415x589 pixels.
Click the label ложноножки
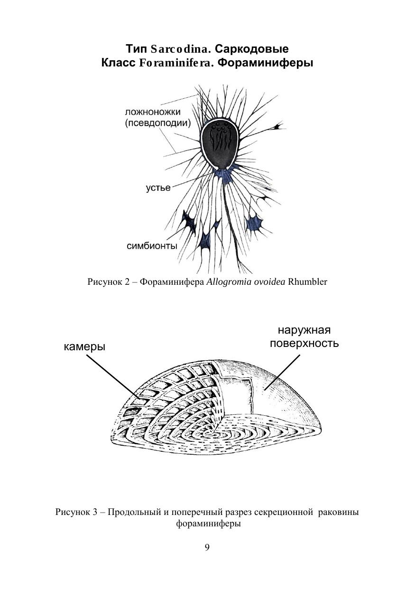(153, 112)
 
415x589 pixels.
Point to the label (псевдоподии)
(157, 123)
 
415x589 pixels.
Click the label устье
(158, 188)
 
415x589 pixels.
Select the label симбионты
(152, 246)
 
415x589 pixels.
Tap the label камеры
(84, 347)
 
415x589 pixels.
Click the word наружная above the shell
(304, 330)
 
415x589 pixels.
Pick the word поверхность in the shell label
(304, 343)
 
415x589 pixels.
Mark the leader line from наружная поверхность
(282, 372)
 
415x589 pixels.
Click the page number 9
(207, 547)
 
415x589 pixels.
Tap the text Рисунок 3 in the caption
(75, 513)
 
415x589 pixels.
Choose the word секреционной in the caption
(285, 513)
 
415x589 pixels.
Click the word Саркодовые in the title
(252, 49)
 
